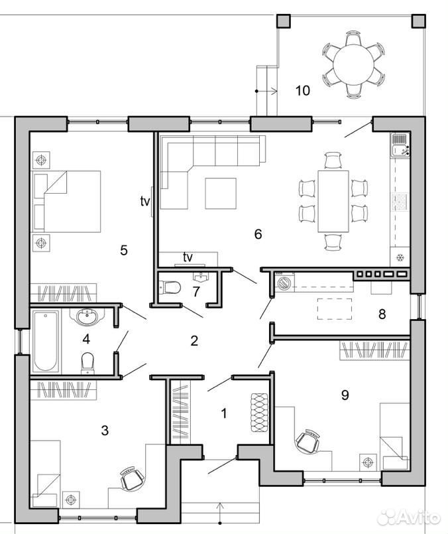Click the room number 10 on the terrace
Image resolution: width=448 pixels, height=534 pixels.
click(303, 91)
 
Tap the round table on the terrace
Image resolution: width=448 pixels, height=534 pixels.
click(353, 65)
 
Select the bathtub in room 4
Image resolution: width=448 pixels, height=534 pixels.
click(46, 341)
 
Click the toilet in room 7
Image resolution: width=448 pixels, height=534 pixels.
click(170, 287)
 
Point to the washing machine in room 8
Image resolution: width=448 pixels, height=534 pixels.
click(284, 283)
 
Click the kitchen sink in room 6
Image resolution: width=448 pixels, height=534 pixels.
click(401, 145)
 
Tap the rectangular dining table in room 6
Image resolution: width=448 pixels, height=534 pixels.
click(333, 201)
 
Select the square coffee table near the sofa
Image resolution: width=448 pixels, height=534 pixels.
click(221, 194)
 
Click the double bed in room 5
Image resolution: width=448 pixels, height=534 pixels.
click(67, 201)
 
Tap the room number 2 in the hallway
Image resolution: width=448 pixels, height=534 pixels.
click(194, 340)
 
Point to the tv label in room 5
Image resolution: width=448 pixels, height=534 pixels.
click(145, 201)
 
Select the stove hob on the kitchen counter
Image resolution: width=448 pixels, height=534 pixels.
click(401, 202)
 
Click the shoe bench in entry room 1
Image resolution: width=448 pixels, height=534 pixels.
click(260, 413)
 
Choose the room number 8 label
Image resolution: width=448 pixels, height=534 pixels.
click(382, 314)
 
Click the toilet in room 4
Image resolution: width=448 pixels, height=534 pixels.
click(87, 363)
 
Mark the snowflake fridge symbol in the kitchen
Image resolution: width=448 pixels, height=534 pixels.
click(401, 257)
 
